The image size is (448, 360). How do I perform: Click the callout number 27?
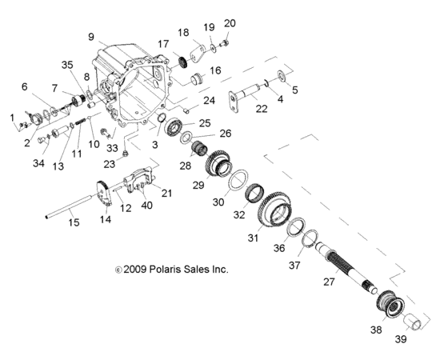point(328,281)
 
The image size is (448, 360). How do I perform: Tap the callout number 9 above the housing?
point(91,37)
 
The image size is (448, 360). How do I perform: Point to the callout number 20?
point(230,22)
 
